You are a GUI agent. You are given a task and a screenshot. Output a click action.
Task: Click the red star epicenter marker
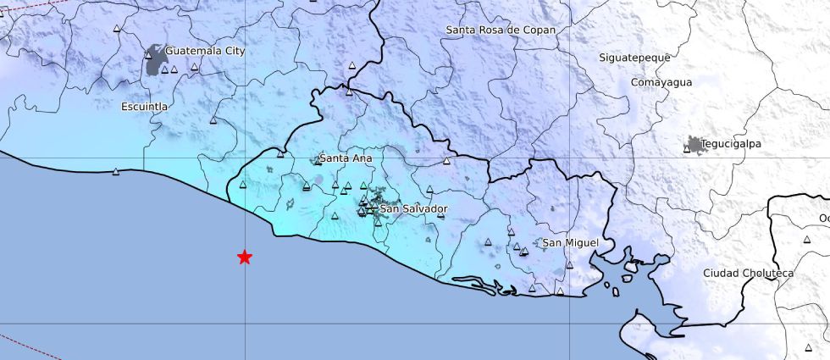coord(245,257)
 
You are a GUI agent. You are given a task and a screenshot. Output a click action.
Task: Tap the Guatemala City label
coord(205,51)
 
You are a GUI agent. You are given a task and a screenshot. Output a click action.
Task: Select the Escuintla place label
coord(145,107)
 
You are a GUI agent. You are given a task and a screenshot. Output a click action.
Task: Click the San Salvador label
coord(413,208)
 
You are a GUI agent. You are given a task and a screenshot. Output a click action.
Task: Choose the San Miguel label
coord(570,243)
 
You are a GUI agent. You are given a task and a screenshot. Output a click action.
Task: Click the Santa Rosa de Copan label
coord(501,30)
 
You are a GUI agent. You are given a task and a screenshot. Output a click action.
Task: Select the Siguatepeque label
coord(634,58)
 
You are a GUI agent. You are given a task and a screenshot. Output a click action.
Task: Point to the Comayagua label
coord(661,82)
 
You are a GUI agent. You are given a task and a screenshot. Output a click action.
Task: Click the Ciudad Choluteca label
coord(748,273)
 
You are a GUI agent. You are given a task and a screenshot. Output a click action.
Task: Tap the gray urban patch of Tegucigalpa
coord(694,146)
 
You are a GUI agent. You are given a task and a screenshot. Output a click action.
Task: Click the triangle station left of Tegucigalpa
coord(687,150)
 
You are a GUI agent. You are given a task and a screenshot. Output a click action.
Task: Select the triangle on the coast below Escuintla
coord(117,172)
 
